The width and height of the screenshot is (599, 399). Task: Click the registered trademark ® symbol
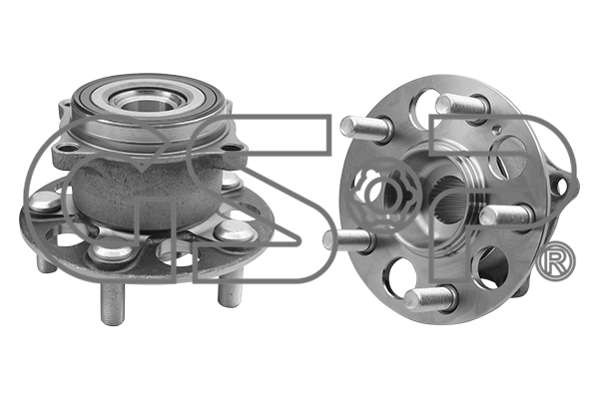coord(556,261)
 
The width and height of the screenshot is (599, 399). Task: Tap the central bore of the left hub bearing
coord(147,105)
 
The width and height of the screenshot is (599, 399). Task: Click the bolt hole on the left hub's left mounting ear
coord(68,148)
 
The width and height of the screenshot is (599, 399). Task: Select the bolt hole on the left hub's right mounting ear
coord(231,149)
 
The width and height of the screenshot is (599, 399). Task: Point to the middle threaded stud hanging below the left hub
coord(113,303)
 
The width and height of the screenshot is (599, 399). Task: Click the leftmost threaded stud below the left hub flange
coord(47,263)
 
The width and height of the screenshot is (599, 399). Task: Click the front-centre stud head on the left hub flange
coord(111,250)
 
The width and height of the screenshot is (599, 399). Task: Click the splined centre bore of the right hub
coord(452,199)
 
